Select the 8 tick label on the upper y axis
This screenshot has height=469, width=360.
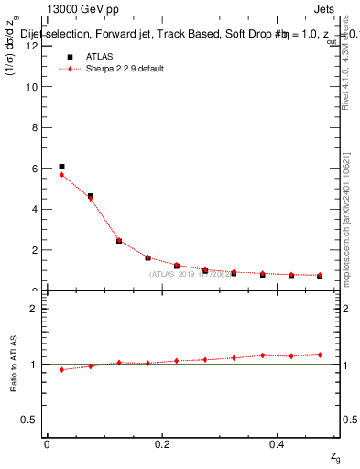click(x=34, y=127)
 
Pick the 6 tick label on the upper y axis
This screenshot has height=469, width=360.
click(x=34, y=169)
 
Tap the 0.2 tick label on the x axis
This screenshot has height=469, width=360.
click(x=162, y=443)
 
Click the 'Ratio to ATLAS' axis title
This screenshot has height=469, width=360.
click(x=14, y=365)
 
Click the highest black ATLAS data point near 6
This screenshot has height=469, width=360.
click(x=61, y=167)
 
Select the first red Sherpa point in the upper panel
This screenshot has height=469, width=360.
click(x=61, y=174)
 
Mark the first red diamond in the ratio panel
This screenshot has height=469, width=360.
click(x=61, y=370)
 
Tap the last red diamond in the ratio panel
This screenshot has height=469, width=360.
click(x=320, y=354)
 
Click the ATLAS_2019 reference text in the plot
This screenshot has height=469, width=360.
click(x=189, y=274)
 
